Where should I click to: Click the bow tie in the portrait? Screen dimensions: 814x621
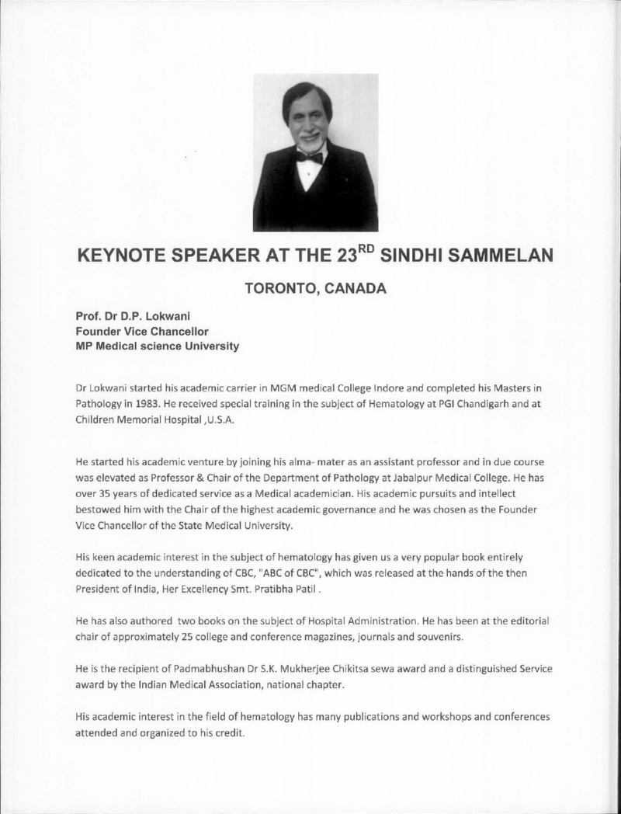(309, 157)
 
